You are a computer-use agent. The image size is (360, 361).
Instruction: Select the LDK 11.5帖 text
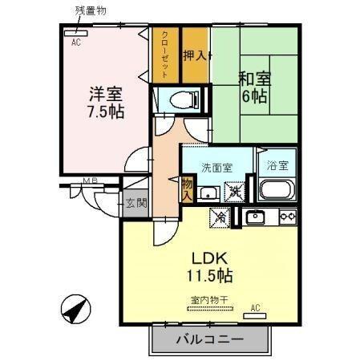(211, 268)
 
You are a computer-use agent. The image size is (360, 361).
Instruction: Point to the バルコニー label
(209, 339)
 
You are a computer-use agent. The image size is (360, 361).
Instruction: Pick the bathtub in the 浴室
(278, 191)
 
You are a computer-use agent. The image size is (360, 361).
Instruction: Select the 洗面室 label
(216, 168)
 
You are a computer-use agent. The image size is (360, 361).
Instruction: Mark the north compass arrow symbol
(74, 309)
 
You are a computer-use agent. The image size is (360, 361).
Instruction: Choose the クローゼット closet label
(165, 55)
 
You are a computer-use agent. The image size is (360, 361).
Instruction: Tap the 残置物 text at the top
(91, 10)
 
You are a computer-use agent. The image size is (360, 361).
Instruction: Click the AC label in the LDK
(256, 307)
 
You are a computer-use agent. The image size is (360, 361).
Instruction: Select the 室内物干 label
(210, 301)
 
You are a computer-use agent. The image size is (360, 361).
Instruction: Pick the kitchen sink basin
(256, 217)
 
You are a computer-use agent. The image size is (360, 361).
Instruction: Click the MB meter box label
(90, 182)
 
